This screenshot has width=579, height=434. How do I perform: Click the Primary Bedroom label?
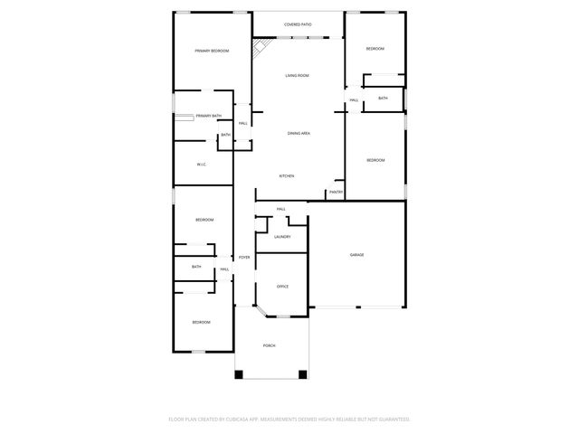coord(212,52)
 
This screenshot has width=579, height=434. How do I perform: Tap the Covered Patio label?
coord(298,24)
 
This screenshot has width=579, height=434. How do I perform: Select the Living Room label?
coord(297,76)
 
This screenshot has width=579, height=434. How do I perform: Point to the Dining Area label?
coord(299,133)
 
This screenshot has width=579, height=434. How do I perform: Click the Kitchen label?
coord(286,175)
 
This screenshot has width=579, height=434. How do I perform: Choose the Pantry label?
coord(336,192)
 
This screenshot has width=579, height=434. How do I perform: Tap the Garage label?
coord(357,255)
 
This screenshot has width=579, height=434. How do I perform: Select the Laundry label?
coord(282,237)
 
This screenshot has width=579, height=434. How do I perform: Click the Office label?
coord(282,287)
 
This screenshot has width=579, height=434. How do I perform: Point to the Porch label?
coord(270,346)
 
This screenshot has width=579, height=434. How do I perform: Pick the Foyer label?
coord(244,258)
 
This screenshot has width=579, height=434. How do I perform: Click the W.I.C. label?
coord(202,165)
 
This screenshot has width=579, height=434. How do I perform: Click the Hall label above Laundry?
coord(281,210)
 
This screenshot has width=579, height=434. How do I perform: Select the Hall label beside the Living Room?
coord(354,99)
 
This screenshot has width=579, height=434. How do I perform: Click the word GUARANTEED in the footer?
coord(391,420)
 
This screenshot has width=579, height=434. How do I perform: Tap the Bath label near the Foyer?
coord(196,267)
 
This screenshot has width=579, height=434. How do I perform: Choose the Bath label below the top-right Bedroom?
coord(383,98)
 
